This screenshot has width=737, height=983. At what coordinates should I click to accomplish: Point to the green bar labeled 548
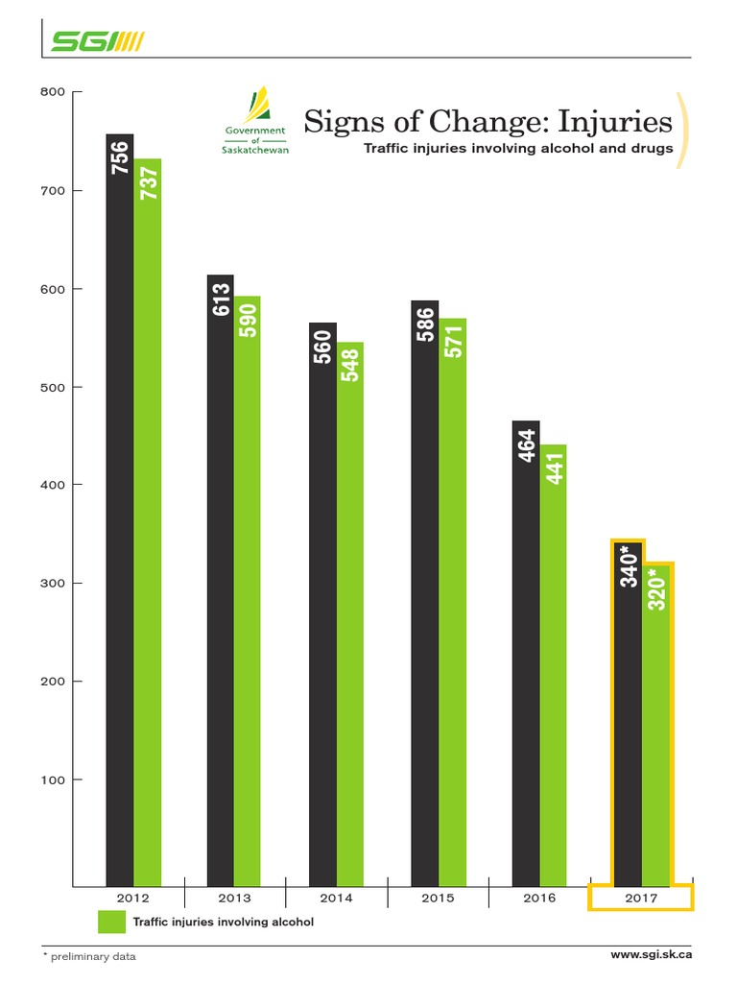[350, 614]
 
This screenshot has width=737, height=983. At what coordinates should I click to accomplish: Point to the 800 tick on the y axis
[52, 92]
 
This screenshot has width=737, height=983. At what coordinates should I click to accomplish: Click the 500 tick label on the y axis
[52, 387]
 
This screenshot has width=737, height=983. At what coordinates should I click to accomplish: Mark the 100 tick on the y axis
[52, 779]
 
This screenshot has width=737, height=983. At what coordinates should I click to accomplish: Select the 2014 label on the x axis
[337, 898]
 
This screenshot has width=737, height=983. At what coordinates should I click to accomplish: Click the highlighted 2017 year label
[641, 898]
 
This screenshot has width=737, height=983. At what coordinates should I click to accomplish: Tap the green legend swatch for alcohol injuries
[112, 922]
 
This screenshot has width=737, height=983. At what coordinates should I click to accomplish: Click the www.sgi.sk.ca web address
[652, 954]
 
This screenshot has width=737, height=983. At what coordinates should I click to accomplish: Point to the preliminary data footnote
[89, 956]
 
